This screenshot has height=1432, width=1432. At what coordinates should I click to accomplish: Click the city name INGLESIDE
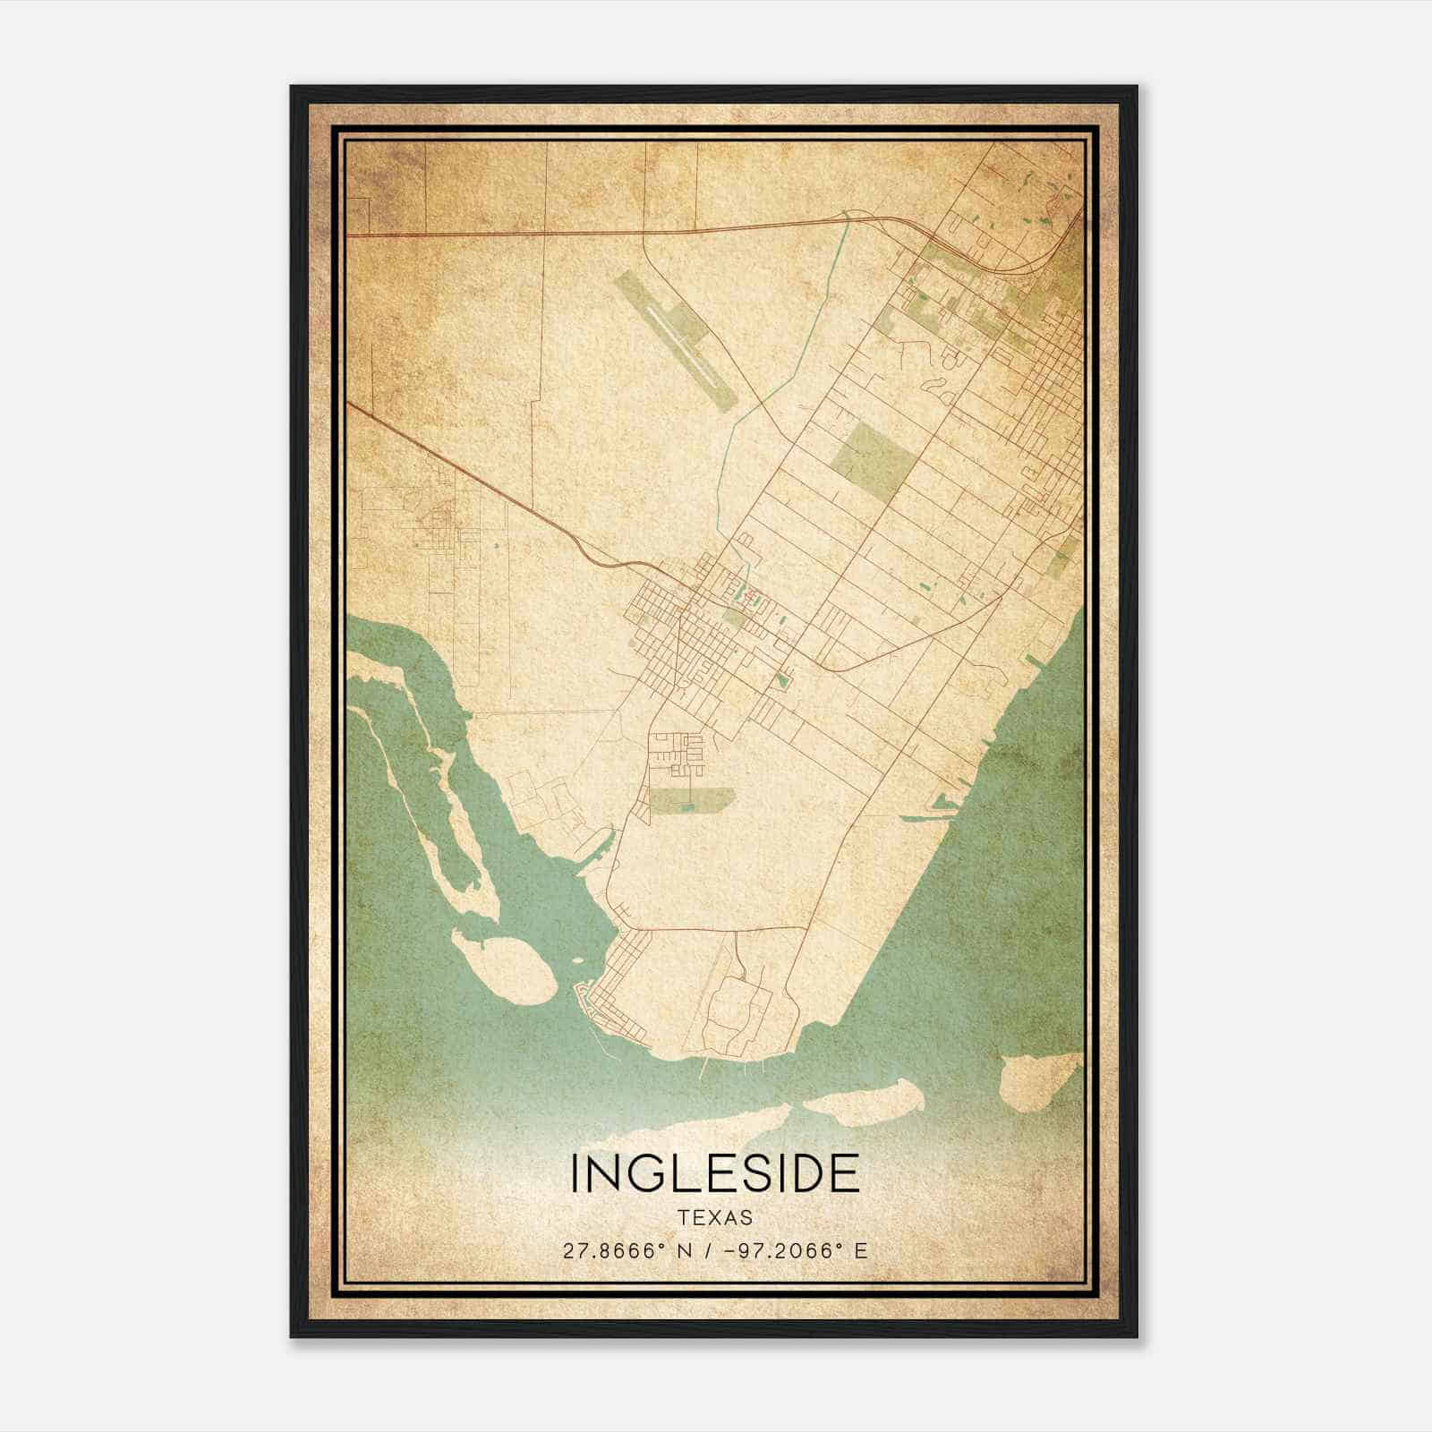tap(715, 1173)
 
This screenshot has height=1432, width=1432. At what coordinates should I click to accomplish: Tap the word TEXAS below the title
tap(715, 1218)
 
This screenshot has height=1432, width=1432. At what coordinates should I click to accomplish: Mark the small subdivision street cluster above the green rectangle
tap(677, 752)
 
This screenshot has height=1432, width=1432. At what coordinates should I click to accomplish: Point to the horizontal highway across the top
tap(537, 233)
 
